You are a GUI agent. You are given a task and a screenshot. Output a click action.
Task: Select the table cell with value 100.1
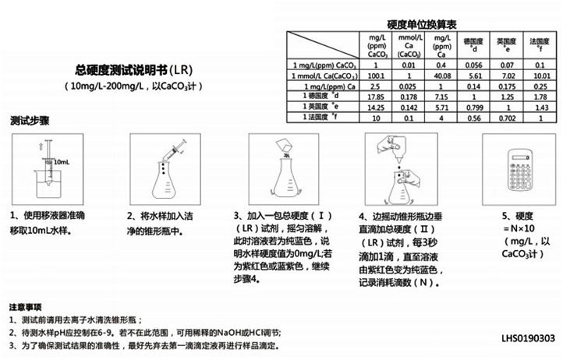coord(376,76)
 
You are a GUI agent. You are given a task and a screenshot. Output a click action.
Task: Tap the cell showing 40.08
coord(441,76)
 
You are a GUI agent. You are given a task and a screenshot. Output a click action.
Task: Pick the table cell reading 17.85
coord(376,97)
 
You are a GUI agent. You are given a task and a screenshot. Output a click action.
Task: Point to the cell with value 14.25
coord(376,107)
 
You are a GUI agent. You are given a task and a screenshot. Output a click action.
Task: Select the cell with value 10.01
coord(539,76)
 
